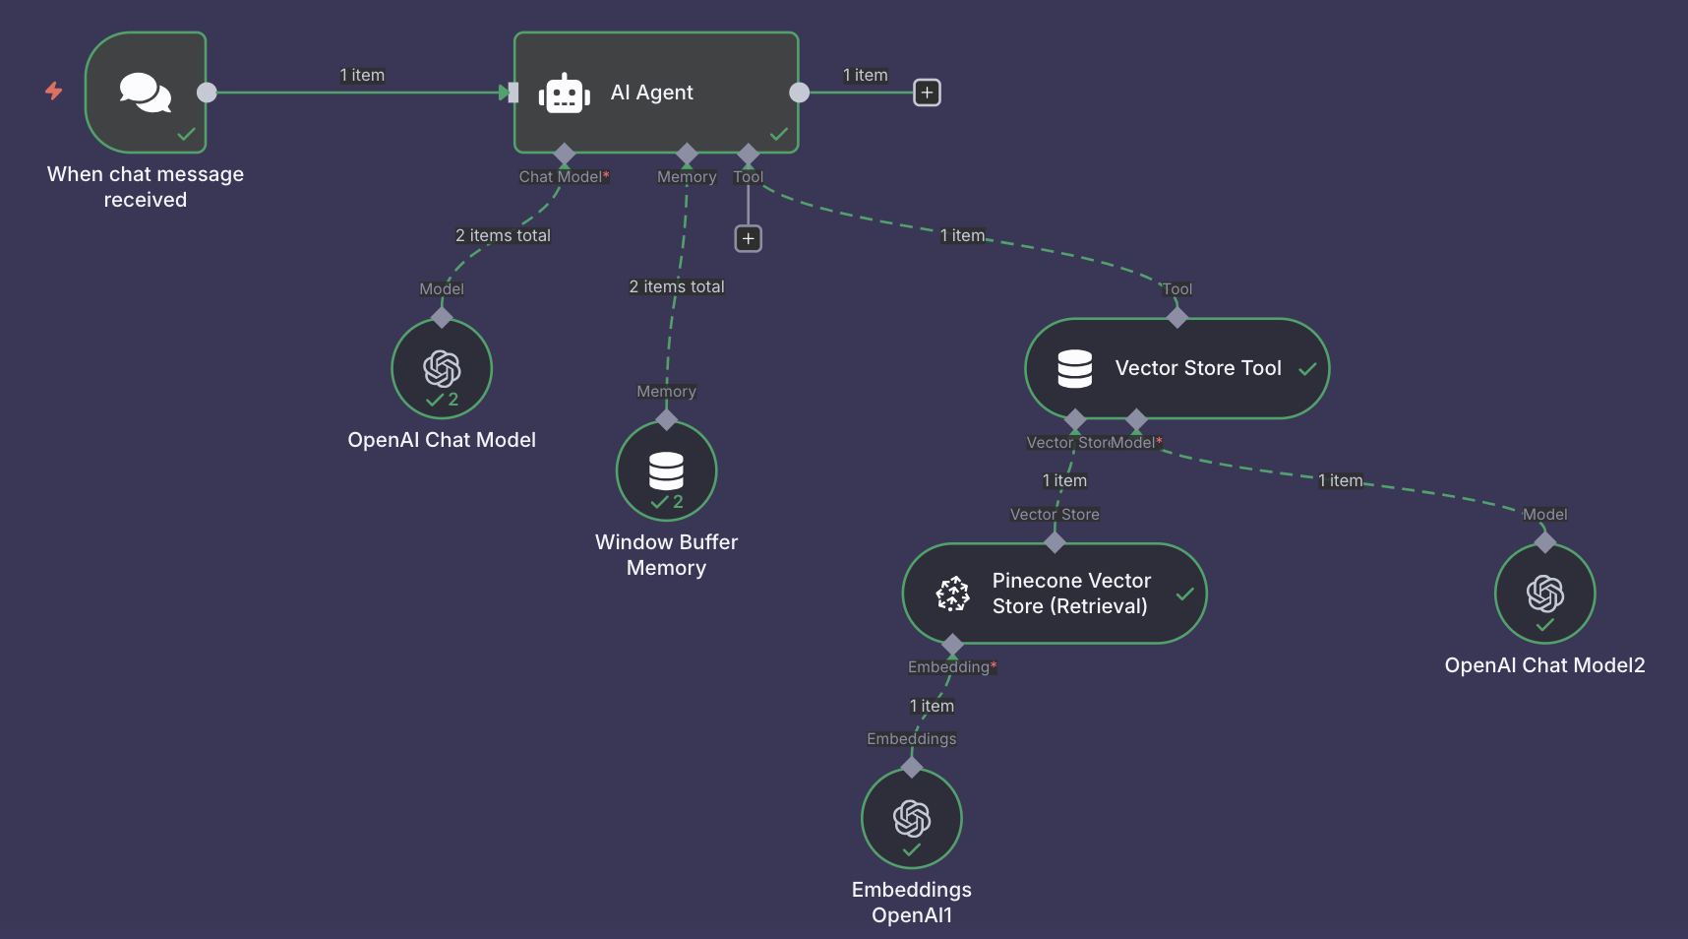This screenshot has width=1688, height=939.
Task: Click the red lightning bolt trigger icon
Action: pyautogui.click(x=54, y=92)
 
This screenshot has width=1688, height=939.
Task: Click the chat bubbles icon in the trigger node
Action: pyautogui.click(x=145, y=93)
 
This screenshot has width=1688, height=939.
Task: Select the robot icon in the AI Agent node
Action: pyautogui.click(x=564, y=94)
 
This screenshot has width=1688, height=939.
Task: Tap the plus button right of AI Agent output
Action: pyautogui.click(x=927, y=93)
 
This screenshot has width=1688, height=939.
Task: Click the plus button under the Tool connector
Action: pyautogui.click(x=749, y=238)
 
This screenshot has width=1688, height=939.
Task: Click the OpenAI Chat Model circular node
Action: pyautogui.click(x=442, y=368)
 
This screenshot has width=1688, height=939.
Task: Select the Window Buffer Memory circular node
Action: pyautogui.click(x=666, y=470)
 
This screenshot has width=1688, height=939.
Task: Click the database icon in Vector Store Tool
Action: pyautogui.click(x=1074, y=368)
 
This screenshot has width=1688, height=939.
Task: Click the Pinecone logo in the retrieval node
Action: pyautogui.click(x=952, y=594)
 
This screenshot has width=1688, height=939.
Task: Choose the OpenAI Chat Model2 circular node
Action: pyautogui.click(x=1544, y=594)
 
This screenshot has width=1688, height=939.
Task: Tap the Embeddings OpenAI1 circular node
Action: pyautogui.click(x=911, y=818)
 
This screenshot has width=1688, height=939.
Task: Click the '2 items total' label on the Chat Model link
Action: pyautogui.click(x=503, y=235)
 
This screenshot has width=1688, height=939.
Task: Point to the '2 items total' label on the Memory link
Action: pyautogui.click(x=677, y=286)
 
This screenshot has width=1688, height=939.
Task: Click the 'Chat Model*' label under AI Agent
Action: pyautogui.click(x=564, y=177)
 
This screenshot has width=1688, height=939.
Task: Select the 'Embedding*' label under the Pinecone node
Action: pyautogui.click(x=951, y=667)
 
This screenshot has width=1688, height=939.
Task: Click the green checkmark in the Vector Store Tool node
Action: pyautogui.click(x=1307, y=369)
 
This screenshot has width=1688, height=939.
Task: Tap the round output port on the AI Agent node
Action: pyautogui.click(x=800, y=93)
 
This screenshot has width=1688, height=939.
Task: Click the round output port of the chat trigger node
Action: pyautogui.click(x=207, y=93)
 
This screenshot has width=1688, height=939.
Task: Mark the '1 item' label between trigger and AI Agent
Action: pyautogui.click(x=362, y=75)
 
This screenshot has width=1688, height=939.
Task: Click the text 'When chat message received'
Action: pyautogui.click(x=146, y=187)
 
